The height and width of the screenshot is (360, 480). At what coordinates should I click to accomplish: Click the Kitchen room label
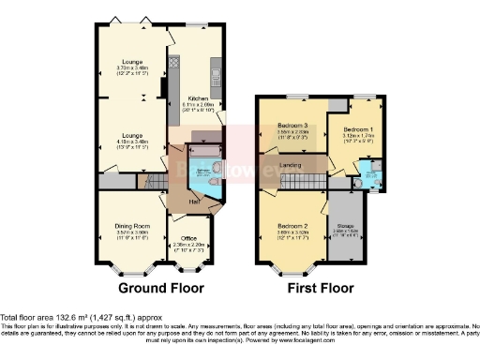coord(197,97)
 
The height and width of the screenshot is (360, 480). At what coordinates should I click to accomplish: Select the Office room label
coord(188,238)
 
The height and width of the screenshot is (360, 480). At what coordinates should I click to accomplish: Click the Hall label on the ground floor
coord(194,202)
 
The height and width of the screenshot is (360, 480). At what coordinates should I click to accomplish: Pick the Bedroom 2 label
coord(293,227)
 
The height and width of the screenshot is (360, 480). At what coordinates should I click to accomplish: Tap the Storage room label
coord(346,226)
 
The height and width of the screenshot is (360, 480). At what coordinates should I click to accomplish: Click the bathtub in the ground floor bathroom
coord(204,148)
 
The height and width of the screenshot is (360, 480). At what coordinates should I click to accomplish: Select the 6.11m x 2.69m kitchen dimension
coord(197,104)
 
